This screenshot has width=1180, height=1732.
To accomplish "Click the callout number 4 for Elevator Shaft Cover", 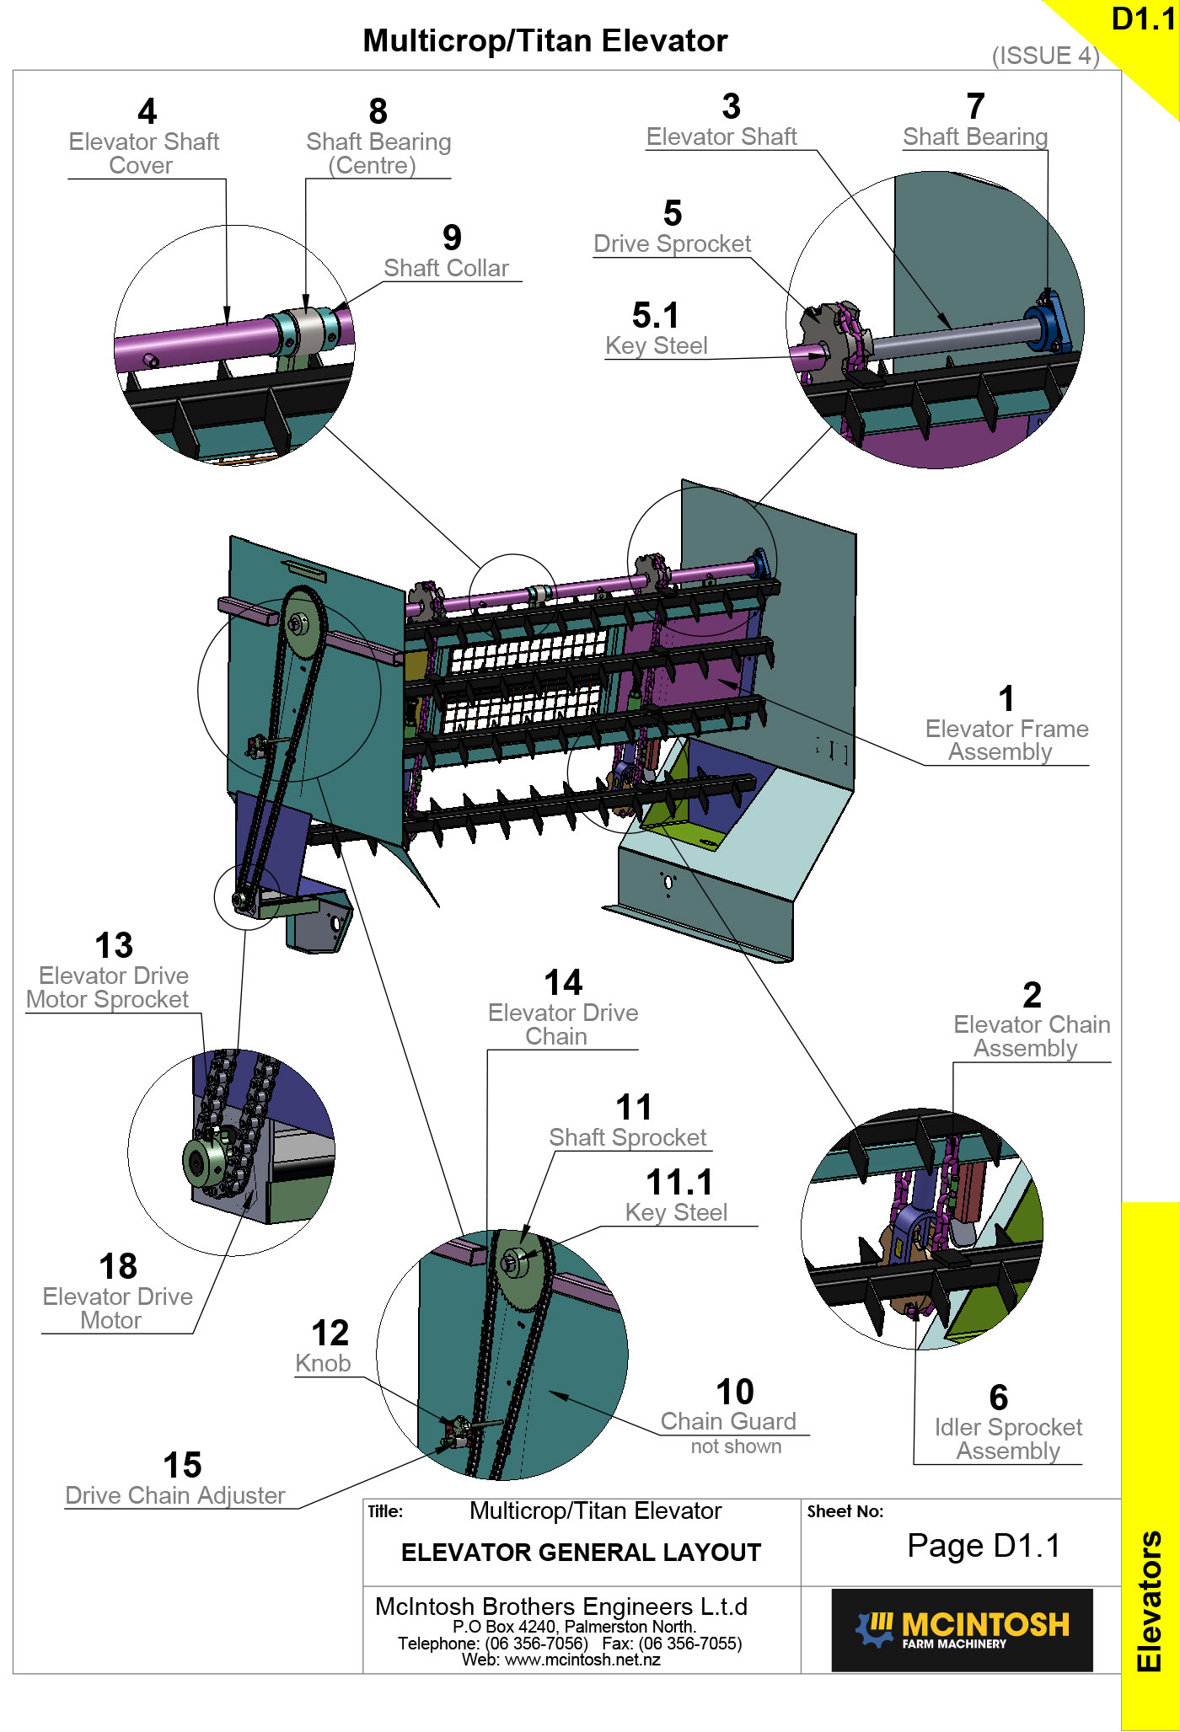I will [x=147, y=111].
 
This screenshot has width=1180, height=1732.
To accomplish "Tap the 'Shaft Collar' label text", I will [x=446, y=268].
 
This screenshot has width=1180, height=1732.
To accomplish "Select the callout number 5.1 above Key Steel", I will [x=655, y=316].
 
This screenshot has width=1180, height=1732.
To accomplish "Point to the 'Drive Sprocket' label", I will [x=672, y=243].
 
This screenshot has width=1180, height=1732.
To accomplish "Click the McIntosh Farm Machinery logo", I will [x=962, y=1629].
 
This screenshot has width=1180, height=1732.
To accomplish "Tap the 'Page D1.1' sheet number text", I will [x=983, y=1546].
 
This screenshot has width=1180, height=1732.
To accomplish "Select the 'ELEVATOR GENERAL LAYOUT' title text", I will [x=581, y=1553].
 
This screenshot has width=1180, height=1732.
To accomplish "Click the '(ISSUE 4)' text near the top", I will [x=1045, y=56].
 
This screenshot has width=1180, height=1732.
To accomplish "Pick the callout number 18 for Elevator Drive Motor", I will [x=118, y=1266].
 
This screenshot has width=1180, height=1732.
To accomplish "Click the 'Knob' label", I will [x=323, y=1363].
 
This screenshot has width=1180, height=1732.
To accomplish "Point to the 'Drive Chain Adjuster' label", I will [x=175, y=1495].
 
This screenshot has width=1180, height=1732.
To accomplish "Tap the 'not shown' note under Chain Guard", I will [x=736, y=1446].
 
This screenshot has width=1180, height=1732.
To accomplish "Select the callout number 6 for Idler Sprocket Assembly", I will [x=998, y=1398].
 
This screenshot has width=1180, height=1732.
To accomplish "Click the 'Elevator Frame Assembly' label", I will [x=1006, y=740].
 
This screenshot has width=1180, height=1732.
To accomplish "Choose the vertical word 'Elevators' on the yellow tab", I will [x=1150, y=1601].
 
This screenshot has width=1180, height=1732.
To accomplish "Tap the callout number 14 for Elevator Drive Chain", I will [x=563, y=982].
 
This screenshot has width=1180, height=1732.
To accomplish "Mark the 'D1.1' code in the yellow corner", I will [x=1143, y=19].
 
